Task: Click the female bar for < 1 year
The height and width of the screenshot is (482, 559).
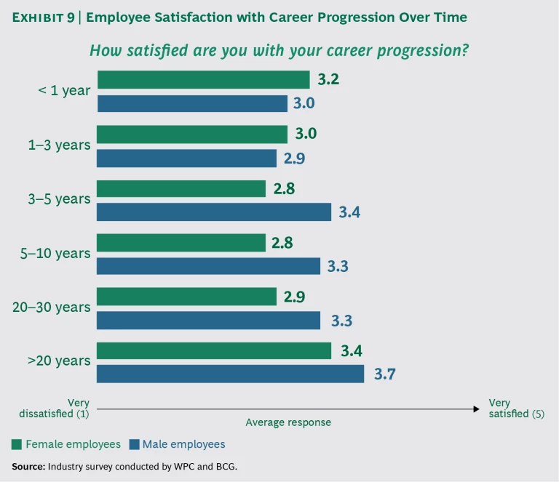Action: click(203, 79)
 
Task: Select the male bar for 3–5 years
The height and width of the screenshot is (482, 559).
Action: click(214, 212)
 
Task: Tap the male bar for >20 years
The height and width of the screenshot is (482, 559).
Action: click(230, 374)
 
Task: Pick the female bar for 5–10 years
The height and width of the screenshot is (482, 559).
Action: click(181, 243)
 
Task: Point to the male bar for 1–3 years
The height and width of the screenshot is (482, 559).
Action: click(186, 158)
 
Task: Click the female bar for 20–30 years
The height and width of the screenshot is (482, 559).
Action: click(186, 297)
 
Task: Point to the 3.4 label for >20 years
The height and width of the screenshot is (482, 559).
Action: click(352, 351)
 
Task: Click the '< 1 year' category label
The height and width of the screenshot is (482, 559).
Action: click(65, 91)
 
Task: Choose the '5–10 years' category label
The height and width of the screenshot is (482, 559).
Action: click(56, 254)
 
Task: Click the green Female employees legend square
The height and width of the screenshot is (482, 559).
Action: click(17, 444)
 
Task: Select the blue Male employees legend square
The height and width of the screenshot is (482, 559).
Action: click(134, 444)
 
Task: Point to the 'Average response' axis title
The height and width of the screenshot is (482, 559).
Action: click(288, 422)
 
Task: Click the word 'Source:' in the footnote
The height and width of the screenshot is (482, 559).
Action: click(28, 466)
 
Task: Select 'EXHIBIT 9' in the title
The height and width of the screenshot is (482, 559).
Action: click(43, 17)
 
